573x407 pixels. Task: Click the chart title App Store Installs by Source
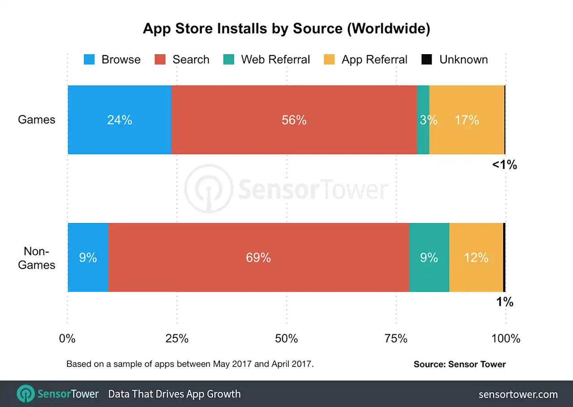286,29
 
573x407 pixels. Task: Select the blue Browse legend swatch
89,60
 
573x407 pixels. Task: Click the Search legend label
191,60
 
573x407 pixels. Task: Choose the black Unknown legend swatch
427,60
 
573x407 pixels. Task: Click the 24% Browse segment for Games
119,120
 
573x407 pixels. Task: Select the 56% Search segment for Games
294,120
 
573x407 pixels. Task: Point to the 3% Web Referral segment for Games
423,120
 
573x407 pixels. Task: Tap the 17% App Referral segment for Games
467,120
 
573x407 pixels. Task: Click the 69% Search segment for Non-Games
258,257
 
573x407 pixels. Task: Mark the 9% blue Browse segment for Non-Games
88,257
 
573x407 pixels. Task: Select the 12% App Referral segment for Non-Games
476,257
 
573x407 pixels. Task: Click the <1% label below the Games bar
505,165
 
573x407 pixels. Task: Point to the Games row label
37,120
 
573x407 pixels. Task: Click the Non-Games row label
37,258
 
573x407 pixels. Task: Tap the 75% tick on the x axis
396,338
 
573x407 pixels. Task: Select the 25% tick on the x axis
177,338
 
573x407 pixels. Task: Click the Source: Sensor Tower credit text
459,364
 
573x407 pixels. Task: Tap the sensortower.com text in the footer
518,394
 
